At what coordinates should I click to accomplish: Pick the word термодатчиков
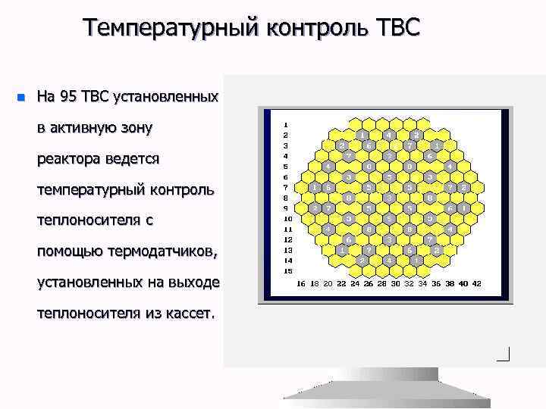(162, 251)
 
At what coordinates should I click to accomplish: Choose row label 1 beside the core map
(285, 124)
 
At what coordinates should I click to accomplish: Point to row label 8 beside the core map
(285, 198)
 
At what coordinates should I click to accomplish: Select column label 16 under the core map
(302, 284)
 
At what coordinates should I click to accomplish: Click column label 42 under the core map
(475, 284)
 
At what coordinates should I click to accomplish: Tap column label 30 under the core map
(396, 284)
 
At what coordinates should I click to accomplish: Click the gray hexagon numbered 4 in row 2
(388, 135)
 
